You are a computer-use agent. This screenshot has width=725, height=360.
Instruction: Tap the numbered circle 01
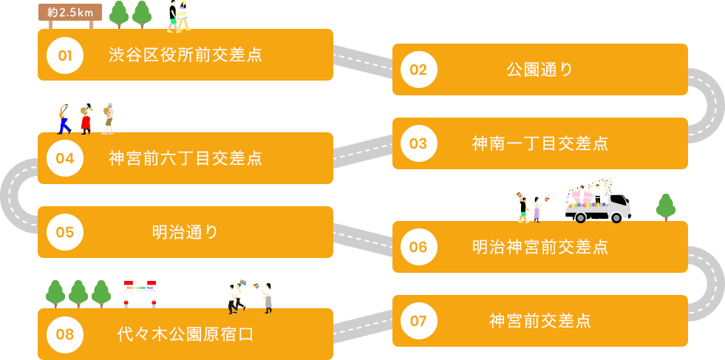point(65,55)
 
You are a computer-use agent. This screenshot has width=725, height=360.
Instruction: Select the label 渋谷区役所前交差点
point(185,55)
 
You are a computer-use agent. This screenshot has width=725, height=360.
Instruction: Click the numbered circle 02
point(418,70)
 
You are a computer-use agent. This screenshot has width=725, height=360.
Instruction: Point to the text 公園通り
point(540,70)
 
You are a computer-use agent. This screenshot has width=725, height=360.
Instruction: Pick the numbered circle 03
point(418,143)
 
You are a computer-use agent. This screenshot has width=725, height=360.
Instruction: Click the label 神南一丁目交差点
point(540,143)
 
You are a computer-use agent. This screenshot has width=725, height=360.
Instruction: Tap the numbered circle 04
point(65,158)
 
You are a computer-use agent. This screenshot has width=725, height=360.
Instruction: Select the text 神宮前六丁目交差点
point(185,158)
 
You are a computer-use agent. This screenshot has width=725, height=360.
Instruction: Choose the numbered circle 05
point(65,232)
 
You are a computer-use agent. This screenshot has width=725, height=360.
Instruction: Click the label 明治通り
point(185,232)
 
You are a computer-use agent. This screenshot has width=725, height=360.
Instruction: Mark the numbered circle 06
point(418,247)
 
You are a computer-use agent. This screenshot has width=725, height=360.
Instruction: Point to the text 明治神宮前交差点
point(540,247)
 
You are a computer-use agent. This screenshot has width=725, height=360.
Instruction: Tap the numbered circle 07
point(418,321)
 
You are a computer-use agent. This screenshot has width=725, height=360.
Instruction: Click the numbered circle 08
point(65,335)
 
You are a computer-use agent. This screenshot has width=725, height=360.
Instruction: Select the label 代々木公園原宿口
point(185,335)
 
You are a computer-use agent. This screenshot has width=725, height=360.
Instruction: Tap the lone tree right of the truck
point(666,207)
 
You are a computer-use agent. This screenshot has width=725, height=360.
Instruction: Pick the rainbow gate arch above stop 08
point(140,294)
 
